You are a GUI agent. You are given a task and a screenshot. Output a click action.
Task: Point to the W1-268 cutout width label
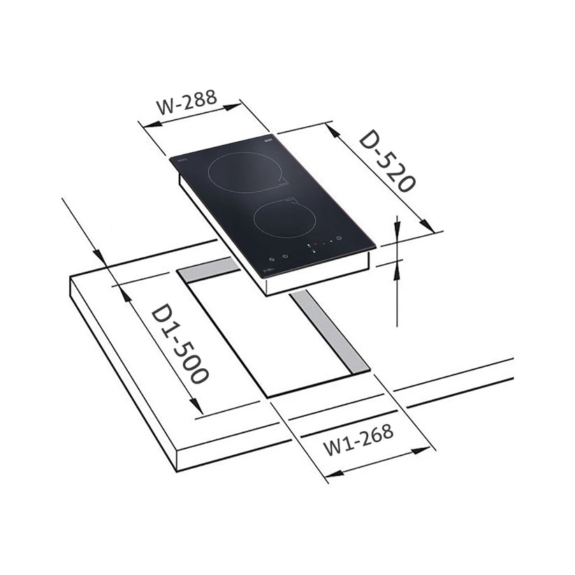click(x=358, y=439)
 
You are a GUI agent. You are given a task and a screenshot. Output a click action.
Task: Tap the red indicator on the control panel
click(x=315, y=245)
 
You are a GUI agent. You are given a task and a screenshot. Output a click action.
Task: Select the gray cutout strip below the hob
click(x=329, y=332)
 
